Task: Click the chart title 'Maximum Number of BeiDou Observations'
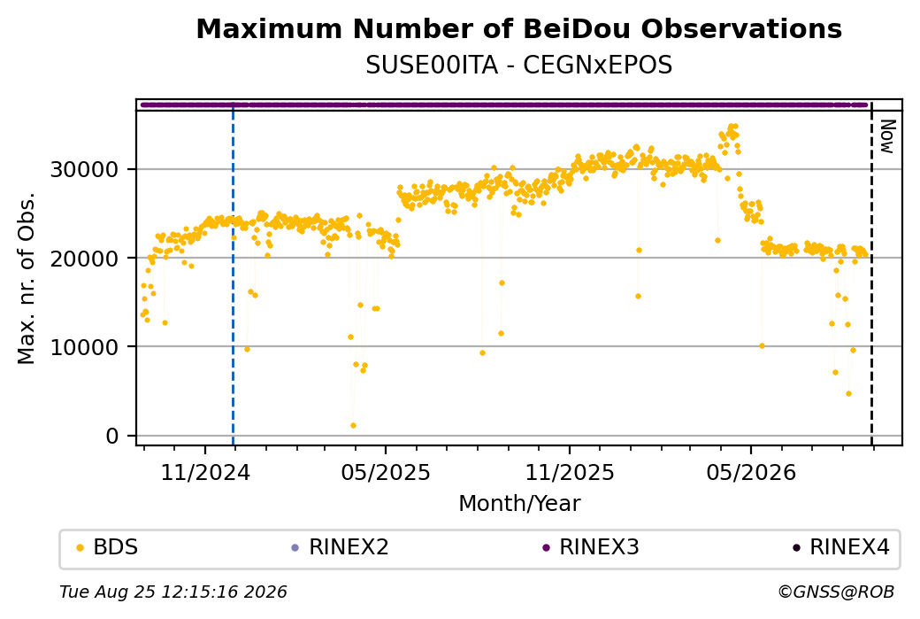[x=518, y=28]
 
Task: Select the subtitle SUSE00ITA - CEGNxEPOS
[x=518, y=66]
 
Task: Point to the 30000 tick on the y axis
[x=85, y=170]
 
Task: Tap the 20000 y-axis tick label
[x=85, y=259]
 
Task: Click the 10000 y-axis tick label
[x=85, y=347]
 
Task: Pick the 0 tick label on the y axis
[x=112, y=437]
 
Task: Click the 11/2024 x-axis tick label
[x=205, y=472]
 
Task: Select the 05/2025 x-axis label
[x=386, y=472]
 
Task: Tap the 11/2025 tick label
[x=569, y=472]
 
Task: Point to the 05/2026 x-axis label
[x=751, y=472]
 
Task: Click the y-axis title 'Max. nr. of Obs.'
[x=27, y=278]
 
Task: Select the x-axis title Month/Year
[x=519, y=503]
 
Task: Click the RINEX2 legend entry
[x=341, y=547]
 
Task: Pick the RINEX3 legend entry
[x=591, y=547]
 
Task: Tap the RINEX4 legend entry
[x=841, y=547]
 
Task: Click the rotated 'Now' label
[x=888, y=136]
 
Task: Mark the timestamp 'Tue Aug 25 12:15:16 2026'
[x=173, y=592]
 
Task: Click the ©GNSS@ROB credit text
[x=836, y=592]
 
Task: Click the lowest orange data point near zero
[x=353, y=425]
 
